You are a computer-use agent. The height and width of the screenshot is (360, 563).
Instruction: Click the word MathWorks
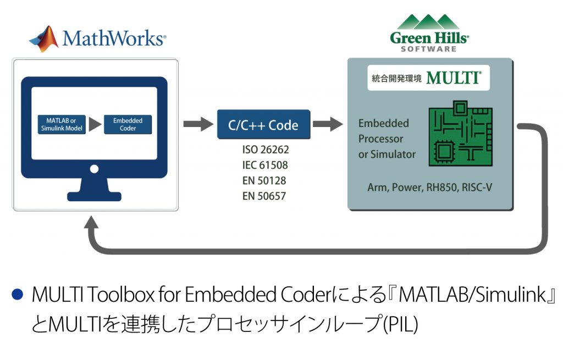(x=114, y=38)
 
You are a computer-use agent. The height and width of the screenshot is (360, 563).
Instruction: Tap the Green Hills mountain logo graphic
(x=429, y=22)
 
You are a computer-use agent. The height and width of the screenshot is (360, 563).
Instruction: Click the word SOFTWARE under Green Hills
(x=429, y=49)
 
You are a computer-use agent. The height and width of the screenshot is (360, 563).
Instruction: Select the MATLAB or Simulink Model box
(x=62, y=125)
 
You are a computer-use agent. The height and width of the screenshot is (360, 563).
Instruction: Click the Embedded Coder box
(x=128, y=125)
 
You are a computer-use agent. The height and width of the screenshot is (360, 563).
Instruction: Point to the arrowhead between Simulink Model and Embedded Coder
(x=95, y=125)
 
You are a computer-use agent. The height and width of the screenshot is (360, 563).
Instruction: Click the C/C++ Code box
(x=263, y=125)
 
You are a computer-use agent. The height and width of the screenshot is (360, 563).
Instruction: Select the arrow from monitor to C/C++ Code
(x=198, y=124)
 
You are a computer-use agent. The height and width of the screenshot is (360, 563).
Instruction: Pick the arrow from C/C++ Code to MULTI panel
(x=328, y=124)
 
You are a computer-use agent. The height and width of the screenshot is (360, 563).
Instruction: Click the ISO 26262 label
(x=266, y=149)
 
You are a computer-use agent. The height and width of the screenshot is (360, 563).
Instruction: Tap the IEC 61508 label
(x=265, y=165)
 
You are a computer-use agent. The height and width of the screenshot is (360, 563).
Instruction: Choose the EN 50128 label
(x=264, y=180)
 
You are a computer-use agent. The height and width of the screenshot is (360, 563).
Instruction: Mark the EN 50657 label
(x=264, y=196)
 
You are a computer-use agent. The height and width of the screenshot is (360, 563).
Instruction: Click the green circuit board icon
(x=461, y=134)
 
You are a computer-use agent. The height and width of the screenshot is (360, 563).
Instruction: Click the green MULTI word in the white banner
(x=454, y=77)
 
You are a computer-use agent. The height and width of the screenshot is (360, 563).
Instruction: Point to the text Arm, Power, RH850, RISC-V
(x=430, y=187)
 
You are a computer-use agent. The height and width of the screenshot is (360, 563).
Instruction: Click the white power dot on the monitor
(x=95, y=169)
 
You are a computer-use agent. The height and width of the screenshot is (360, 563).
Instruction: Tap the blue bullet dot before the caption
(x=17, y=295)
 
